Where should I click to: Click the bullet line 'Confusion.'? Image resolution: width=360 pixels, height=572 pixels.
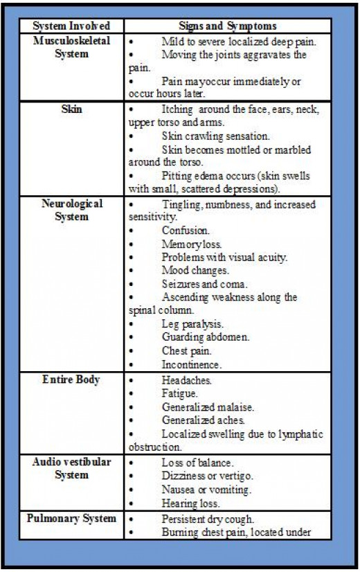click(186, 231)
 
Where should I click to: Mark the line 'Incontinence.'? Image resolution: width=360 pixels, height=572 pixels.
click(192, 364)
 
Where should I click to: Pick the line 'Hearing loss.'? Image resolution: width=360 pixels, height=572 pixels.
click(192, 503)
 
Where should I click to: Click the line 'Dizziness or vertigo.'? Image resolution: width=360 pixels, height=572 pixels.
click(206, 476)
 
